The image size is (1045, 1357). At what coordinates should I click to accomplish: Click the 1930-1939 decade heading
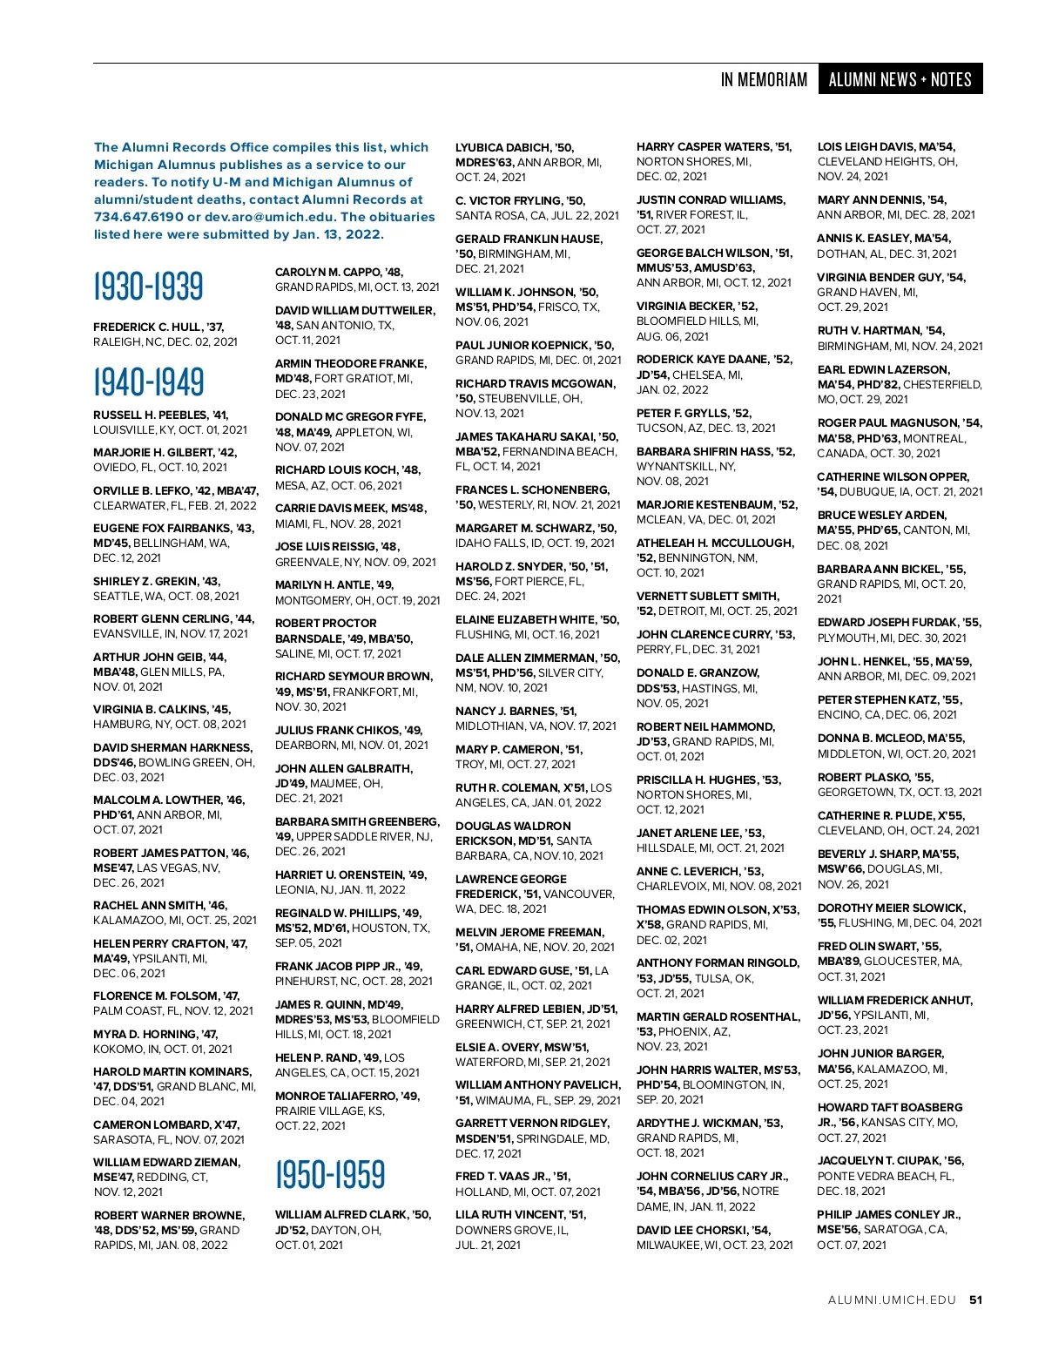coord(148,287)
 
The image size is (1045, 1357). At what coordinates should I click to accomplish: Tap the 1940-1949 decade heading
coord(148,381)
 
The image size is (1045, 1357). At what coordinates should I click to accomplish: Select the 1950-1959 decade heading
coord(330,1175)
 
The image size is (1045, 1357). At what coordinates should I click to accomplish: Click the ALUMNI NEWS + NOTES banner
coord(900,79)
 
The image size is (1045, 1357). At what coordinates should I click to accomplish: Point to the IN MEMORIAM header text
coord(764,80)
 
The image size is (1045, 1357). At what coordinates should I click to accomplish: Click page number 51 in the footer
coord(975,1300)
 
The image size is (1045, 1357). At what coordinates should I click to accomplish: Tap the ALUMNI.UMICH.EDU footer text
coord(892,1300)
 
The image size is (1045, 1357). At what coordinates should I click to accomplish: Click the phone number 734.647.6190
coord(138,217)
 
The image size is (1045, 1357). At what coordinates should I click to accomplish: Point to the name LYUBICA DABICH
coord(503,147)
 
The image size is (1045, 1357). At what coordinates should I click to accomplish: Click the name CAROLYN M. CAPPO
coord(328,272)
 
